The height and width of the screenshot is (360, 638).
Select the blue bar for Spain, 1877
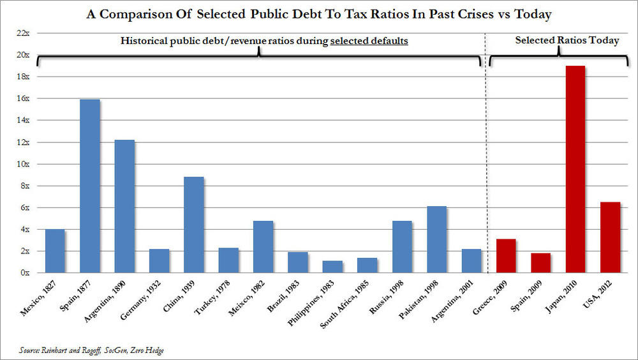coord(90,186)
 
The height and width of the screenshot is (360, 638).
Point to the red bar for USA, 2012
coord(610,237)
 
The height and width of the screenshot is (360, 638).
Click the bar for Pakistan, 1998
coord(437,239)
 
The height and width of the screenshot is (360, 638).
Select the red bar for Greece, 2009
coord(506,256)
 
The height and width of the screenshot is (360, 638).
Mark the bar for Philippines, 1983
coord(333,267)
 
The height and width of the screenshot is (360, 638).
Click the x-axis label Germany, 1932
coord(149,299)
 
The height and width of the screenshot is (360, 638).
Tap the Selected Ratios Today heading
coord(567,41)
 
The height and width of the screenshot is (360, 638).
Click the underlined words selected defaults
coord(369,41)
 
